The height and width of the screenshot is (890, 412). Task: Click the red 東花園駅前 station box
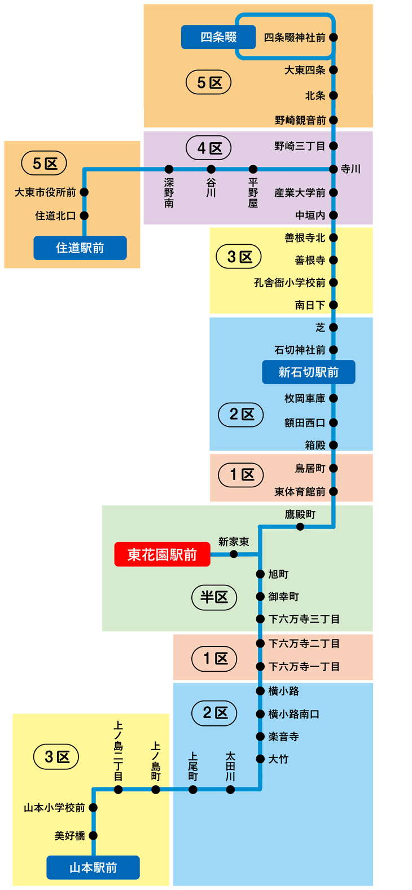click(162, 554)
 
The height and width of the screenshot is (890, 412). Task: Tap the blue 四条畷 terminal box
click(218, 37)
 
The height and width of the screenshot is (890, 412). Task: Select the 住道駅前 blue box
click(80, 248)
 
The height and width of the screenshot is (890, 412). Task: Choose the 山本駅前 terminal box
click(93, 867)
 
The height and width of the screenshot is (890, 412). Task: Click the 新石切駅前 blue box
click(309, 372)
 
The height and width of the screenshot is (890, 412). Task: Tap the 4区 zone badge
click(209, 148)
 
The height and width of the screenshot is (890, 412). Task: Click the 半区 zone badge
click(214, 597)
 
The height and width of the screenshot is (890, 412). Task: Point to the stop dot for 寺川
click(334, 169)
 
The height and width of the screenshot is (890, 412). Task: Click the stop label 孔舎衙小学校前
click(290, 283)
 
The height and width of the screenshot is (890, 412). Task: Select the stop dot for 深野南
click(169, 169)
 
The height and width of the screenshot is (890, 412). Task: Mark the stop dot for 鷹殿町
click(300, 527)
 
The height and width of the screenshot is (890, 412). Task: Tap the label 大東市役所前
click(45, 192)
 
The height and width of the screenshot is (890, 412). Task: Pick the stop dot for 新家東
click(234, 554)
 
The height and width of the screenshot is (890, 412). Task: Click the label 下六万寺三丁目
click(304, 619)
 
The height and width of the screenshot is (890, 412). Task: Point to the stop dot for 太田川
click(230, 790)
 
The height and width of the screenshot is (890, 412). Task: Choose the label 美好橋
click(69, 836)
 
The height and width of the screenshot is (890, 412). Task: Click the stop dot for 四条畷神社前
click(334, 37)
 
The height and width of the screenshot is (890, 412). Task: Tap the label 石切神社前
click(300, 350)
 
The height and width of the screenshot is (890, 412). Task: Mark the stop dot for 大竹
click(260, 759)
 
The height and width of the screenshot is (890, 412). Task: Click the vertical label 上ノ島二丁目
click(118, 751)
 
